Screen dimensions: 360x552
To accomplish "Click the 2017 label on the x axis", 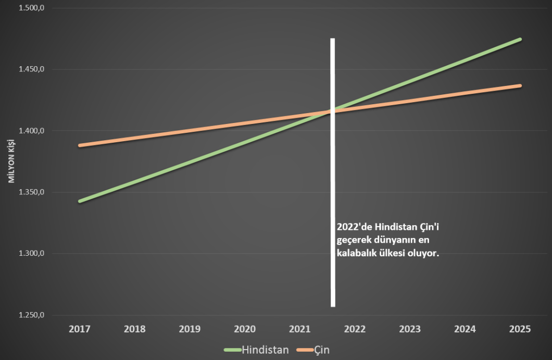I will [80, 329].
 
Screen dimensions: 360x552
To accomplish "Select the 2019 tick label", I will [190, 329].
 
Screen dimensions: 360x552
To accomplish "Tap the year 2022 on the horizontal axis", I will [355, 329].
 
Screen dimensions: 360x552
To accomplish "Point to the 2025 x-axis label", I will [520, 329].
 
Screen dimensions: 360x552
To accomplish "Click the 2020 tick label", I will [245, 329].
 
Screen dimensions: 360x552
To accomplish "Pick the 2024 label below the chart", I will [465, 329].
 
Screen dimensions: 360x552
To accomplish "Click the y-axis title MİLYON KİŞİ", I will [10, 162].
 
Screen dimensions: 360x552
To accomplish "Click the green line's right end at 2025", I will [520, 40].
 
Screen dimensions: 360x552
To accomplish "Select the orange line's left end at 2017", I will [80, 145].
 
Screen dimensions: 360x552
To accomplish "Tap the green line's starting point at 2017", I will [80, 201].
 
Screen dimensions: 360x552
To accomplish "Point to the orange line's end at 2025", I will [520, 85].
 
